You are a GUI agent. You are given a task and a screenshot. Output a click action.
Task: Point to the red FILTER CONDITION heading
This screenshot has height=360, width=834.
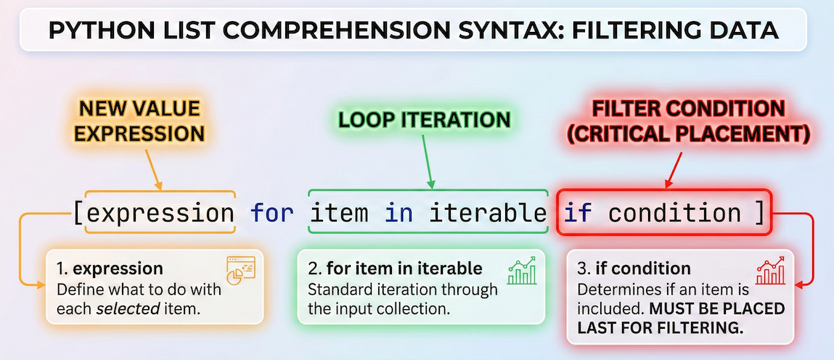click(689, 109)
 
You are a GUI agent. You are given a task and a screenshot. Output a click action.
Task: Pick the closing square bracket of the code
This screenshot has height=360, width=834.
click(759, 213)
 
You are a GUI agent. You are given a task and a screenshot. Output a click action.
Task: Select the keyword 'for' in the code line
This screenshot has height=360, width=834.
click(273, 213)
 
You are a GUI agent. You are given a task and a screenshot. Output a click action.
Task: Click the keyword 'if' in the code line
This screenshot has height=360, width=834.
click(578, 213)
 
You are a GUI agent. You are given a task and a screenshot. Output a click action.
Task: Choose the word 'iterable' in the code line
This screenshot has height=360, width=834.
click(488, 213)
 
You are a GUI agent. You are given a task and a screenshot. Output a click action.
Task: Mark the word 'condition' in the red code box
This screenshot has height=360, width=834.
click(675, 213)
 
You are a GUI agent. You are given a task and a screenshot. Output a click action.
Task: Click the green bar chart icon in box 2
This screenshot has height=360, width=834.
click(522, 270)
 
